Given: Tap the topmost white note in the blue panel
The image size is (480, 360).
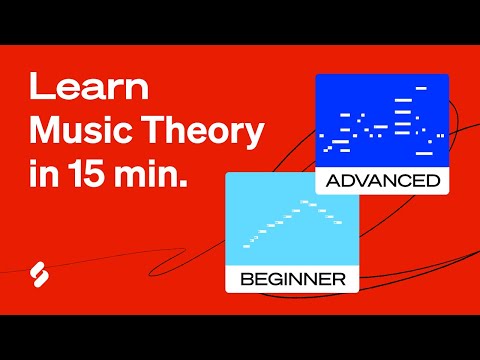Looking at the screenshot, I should pyautogui.click(x=421, y=88).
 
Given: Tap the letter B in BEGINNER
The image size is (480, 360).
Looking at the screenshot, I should pyautogui.click(x=246, y=278).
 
